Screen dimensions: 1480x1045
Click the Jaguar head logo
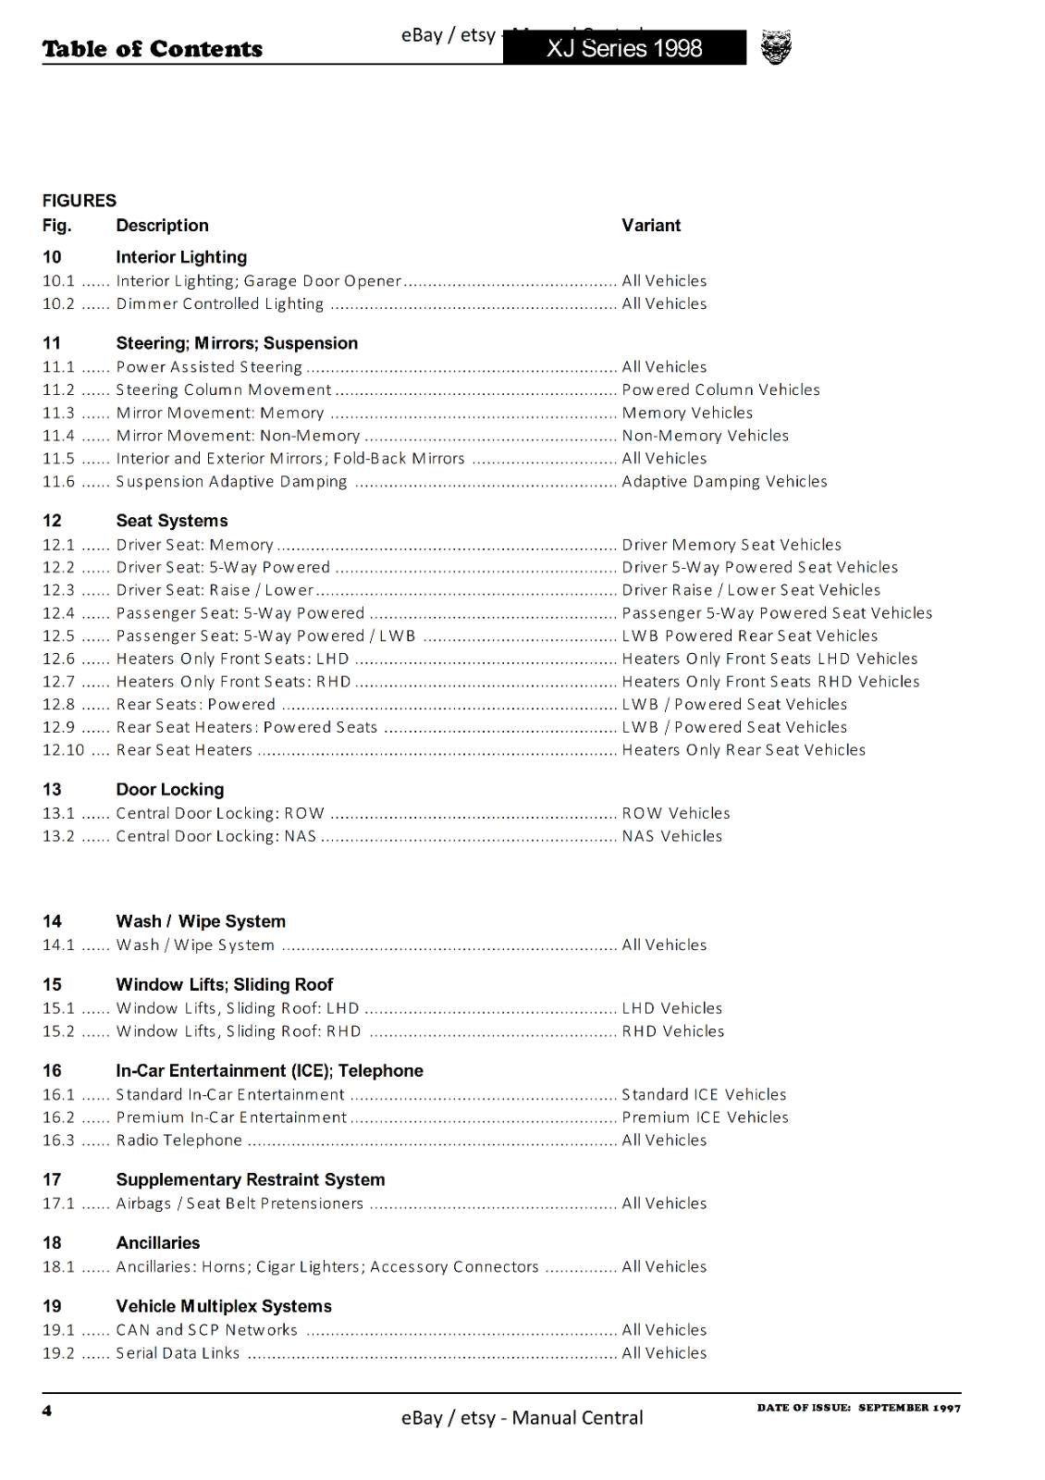pos(776,47)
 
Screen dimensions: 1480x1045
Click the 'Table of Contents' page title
pos(153,49)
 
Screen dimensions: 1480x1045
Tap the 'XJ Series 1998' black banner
pos(624,48)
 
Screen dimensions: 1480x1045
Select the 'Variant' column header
pos(651,225)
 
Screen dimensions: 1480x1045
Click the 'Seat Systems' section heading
pos(172,521)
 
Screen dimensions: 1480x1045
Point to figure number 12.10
pos(63,750)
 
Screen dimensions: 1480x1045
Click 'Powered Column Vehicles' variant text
pos(720,389)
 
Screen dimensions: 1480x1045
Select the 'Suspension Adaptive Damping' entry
pos(231,481)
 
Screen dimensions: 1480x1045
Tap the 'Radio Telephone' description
pos(178,1140)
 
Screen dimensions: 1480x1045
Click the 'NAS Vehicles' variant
pos(671,836)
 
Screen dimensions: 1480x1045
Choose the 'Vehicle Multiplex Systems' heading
pos(224,1306)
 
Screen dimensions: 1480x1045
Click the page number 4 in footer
pos(47,1410)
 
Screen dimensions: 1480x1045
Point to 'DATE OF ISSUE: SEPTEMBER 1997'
pos(858,1408)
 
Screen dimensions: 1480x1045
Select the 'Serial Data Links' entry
pos(178,1352)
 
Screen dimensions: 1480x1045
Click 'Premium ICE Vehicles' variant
pos(705,1117)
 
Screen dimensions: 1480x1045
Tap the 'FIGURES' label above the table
pos(80,201)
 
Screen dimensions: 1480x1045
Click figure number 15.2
pos(58,1031)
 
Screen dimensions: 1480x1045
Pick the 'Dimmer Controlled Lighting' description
pos(219,303)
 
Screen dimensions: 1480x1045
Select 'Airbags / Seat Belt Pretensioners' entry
pos(240,1203)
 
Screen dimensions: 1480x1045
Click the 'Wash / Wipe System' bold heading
pos(201,921)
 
